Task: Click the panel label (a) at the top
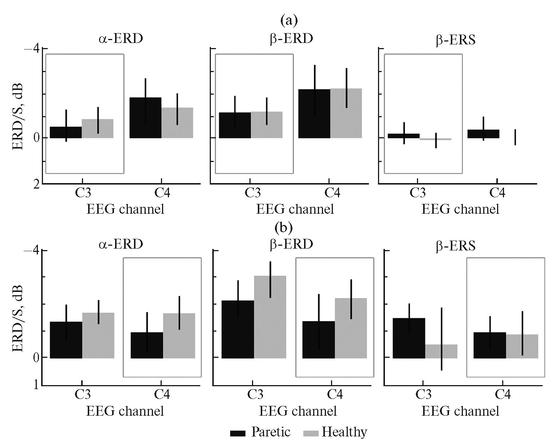[289, 21]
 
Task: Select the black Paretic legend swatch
[239, 433]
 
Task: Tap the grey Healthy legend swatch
[311, 433]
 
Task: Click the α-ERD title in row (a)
[121, 39]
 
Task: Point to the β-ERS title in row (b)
[456, 246]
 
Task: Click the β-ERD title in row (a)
[291, 39]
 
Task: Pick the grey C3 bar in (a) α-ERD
[97, 128]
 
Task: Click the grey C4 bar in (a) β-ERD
[346, 113]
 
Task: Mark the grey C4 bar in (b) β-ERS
[522, 346]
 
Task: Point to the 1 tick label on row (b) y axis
[36, 385]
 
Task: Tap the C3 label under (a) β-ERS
[417, 193]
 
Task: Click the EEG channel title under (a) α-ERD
[125, 209]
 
